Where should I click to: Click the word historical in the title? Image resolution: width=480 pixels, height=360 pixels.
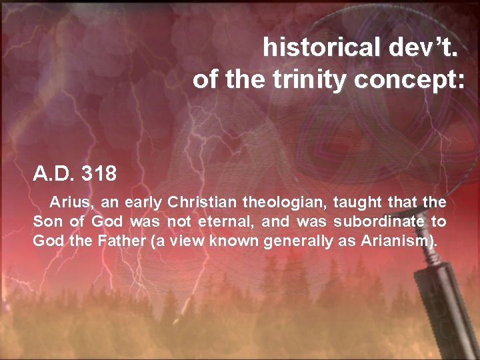click(x=318, y=47)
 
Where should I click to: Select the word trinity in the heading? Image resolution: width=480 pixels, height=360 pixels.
click(x=309, y=80)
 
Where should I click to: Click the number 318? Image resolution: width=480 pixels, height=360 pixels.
click(x=98, y=175)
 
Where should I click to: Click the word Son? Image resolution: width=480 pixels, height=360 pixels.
click(x=47, y=221)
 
